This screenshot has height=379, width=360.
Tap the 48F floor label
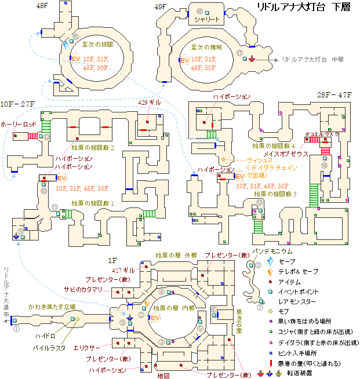[42, 6]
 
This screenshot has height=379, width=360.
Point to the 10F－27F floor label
[18, 104]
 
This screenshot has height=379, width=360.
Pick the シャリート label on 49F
[207, 20]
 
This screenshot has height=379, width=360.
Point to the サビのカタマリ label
[83, 289]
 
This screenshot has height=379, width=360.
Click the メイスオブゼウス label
[284, 154]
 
